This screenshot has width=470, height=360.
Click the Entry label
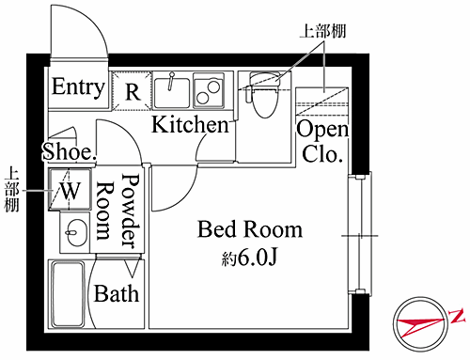[78, 87]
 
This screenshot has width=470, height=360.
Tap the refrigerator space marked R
[132, 91]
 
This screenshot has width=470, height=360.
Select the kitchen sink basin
[172, 92]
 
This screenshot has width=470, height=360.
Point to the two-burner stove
[209, 90]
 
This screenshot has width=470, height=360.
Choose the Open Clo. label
[322, 142]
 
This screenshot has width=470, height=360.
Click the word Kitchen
[190, 125]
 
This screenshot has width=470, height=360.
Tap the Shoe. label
[70, 152]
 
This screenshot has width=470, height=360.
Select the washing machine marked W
[70, 189]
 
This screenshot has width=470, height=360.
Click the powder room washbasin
[75, 232]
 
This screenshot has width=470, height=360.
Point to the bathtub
[69, 295]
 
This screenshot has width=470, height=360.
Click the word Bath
[117, 294]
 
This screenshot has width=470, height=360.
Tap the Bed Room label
[250, 229]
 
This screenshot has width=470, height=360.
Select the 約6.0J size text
[250, 258]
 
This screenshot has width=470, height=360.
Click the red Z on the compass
[457, 316]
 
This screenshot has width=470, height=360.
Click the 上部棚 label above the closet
[322, 31]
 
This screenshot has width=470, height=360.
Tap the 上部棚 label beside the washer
[11, 190]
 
